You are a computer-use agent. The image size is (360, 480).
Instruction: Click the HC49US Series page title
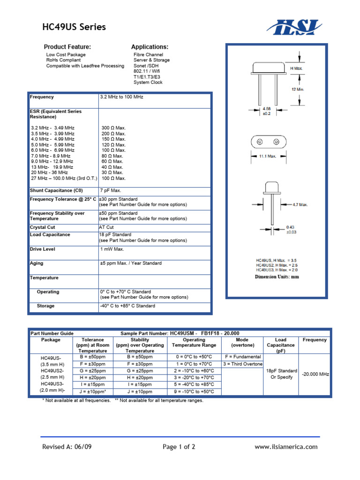74,27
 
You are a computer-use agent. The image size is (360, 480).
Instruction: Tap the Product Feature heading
67,47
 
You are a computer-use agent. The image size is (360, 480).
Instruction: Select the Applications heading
150,47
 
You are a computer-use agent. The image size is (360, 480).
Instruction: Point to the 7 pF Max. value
111,190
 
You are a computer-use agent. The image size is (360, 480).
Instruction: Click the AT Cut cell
107,227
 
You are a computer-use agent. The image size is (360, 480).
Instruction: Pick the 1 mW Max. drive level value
112,249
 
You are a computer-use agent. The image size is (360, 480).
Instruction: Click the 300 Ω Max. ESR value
113,128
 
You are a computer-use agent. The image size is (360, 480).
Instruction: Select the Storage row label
45,306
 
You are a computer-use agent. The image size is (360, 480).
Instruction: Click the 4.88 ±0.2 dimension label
266,111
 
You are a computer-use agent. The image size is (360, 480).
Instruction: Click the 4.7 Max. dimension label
300,205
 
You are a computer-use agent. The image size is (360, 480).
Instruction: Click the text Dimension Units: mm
277,277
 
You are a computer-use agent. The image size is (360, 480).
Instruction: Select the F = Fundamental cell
242,357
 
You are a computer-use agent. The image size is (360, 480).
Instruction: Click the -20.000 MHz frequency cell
315,374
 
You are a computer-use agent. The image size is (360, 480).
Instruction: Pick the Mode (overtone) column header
242,343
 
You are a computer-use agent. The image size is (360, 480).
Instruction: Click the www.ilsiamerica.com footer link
286,447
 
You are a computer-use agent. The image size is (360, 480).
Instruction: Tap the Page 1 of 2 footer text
179,447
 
